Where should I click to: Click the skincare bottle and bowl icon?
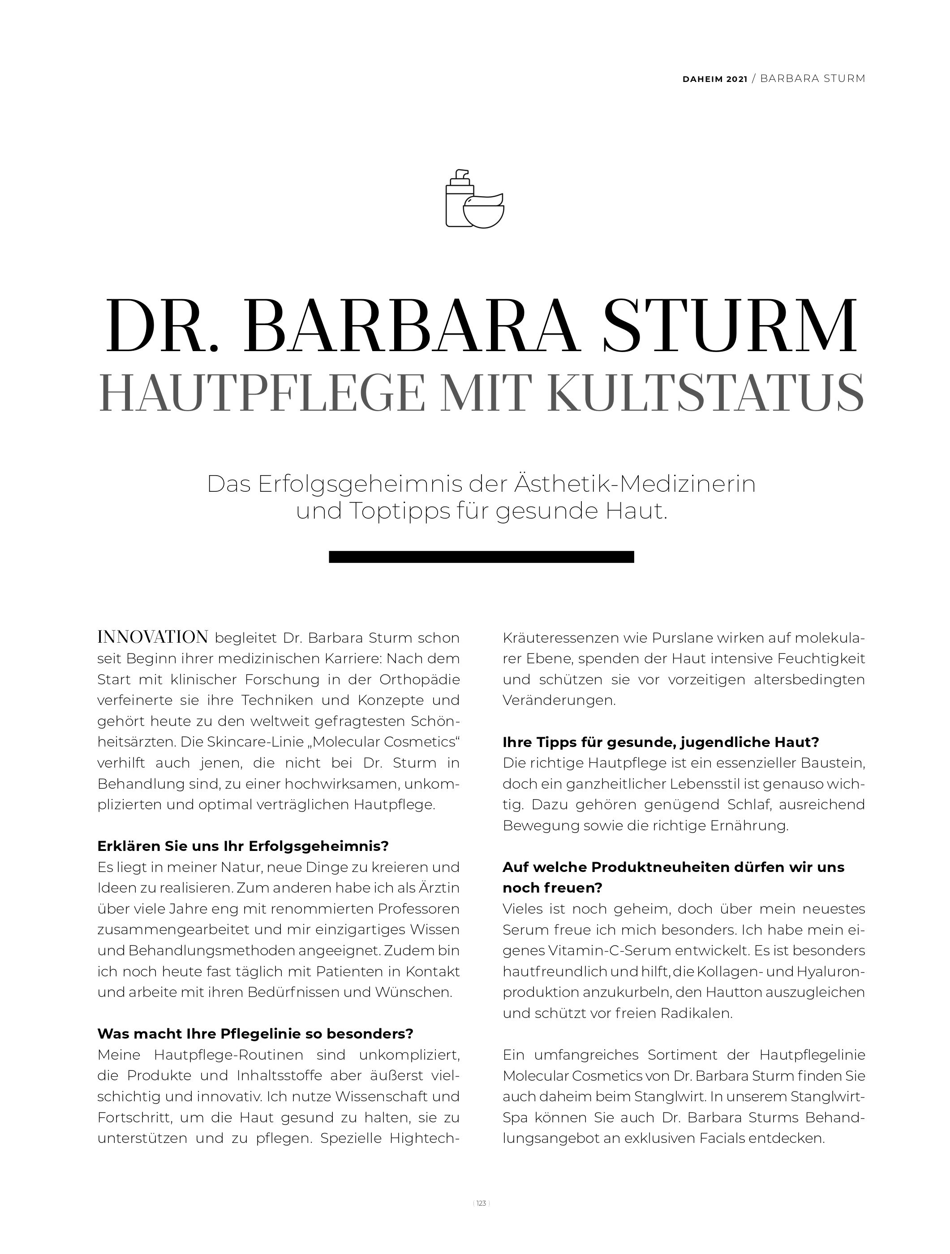pyautogui.click(x=475, y=198)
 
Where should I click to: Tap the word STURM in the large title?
pyautogui.click(x=731, y=327)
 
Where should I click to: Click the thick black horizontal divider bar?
pyautogui.click(x=481, y=557)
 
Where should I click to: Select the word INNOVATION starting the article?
pyautogui.click(x=153, y=637)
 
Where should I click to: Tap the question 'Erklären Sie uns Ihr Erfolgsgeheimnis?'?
pyautogui.click(x=243, y=846)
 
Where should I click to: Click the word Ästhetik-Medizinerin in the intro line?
pyautogui.click(x=635, y=485)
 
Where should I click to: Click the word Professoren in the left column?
pyautogui.click(x=419, y=909)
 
